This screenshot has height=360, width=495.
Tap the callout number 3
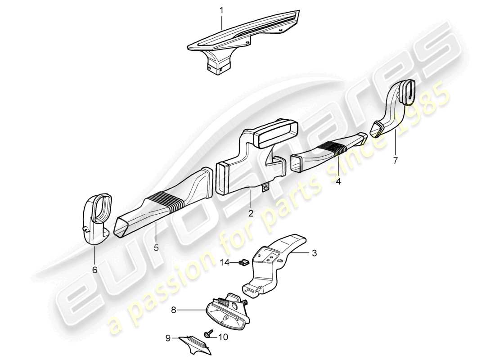[314, 253]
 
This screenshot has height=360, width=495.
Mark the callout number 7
[395, 160]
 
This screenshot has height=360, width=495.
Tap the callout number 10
[224, 336]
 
